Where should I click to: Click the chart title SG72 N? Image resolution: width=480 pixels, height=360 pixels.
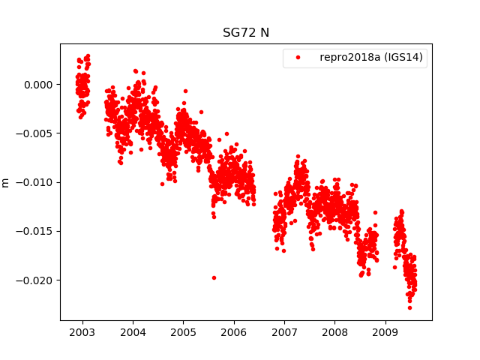coord(246,33)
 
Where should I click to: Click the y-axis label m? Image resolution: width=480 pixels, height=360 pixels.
coord(6,182)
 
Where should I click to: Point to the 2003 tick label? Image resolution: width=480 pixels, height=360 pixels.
coord(82,332)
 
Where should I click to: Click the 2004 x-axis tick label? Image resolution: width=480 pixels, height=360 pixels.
coord(133,332)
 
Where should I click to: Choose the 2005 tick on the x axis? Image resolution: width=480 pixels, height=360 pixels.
coord(183,332)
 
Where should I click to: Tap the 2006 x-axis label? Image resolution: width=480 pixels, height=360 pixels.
coord(234,332)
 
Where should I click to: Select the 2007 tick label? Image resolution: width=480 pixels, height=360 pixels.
coord(284,332)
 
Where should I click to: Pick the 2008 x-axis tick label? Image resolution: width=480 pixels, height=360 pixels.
coord(334,332)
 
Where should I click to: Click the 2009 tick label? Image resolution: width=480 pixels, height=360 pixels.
coord(385,332)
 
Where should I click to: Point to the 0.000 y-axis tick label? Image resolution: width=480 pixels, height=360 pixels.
coord(37,85)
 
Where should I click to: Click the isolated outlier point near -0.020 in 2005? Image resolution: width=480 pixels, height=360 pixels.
coord(214,277)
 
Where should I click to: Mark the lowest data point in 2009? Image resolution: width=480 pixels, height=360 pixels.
coord(409,307)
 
